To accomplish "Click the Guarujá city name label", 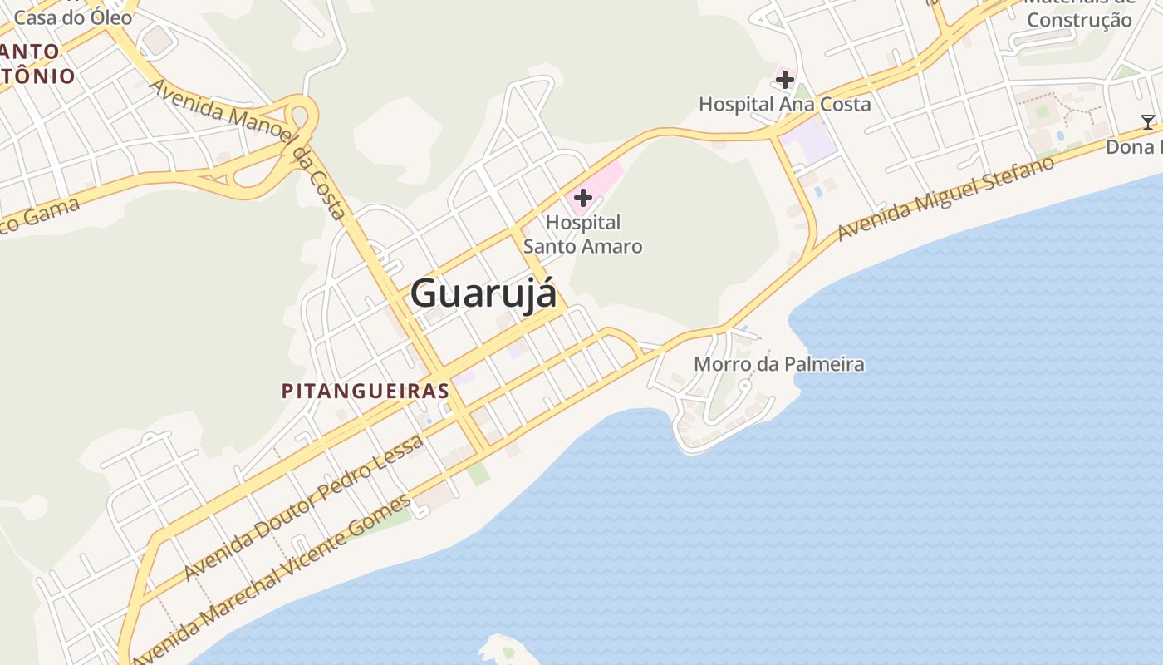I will [483, 293].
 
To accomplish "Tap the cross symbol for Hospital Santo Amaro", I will [583, 198].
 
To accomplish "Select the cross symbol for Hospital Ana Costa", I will [785, 80].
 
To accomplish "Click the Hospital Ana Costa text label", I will [785, 104].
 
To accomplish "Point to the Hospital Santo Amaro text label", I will [583, 234].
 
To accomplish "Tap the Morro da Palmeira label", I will [778, 364].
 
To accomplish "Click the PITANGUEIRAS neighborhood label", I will [366, 391].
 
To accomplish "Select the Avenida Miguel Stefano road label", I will [945, 197].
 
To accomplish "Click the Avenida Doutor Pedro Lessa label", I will [303, 507].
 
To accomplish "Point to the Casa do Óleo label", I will [73, 17].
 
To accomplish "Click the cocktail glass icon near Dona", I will [1148, 122].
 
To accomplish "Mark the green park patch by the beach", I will [478, 473].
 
